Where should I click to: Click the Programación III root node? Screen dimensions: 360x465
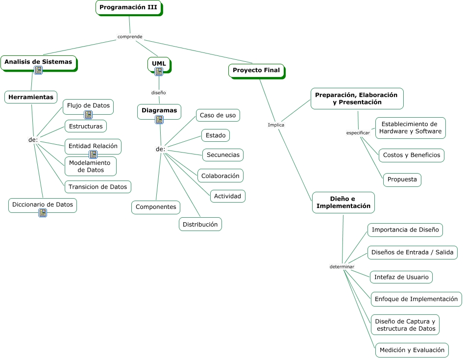[128, 7]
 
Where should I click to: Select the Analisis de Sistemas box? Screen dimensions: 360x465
[38, 62]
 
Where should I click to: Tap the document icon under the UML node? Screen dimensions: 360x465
[159, 72]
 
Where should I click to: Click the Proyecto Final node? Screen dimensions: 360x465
[256, 70]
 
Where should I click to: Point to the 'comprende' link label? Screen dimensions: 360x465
[130, 37]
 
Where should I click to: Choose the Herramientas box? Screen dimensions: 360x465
[31, 97]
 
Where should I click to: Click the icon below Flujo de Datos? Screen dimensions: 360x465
[88, 115]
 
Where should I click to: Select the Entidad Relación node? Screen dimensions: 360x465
[93, 146]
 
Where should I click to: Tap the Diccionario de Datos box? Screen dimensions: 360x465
[43, 204]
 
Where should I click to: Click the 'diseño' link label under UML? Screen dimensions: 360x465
[158, 92]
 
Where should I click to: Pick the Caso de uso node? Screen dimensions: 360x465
[218, 115]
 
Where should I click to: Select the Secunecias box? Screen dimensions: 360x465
[223, 155]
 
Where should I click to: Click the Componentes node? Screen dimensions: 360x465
[156, 207]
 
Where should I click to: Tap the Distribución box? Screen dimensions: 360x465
[200, 224]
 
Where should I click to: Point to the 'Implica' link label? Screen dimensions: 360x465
[276, 125]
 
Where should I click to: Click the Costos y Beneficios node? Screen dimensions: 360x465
[412, 155]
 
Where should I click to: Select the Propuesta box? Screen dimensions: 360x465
[402, 180]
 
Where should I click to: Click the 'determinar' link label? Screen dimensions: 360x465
[342, 266]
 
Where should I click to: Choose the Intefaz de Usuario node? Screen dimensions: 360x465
[401, 277]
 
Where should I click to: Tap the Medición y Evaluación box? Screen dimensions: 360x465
[412, 350]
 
